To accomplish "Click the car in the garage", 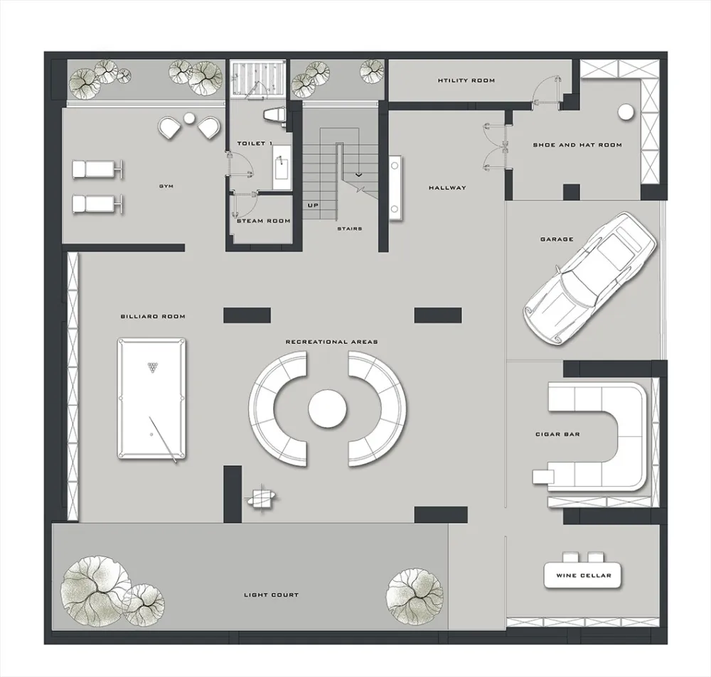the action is click(x=590, y=279).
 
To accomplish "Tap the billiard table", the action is click(x=151, y=399).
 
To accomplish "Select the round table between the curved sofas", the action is click(x=327, y=408).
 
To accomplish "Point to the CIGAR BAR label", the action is click(x=557, y=434).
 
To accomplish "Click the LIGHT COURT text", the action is click(x=271, y=595).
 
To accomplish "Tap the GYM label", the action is click(x=166, y=186).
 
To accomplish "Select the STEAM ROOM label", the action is click(x=264, y=221).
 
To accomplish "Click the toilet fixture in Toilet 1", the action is click(x=274, y=114).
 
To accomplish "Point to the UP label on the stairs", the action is click(x=313, y=205).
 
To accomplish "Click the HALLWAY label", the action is click(x=447, y=188).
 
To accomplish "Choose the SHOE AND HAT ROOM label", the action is click(x=577, y=145).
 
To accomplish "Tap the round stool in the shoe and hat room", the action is click(x=626, y=112).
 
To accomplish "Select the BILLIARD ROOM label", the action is click(x=153, y=316).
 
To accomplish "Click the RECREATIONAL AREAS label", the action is click(x=331, y=342).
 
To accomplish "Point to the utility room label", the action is click(x=466, y=81).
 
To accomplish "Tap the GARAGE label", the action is click(x=557, y=239).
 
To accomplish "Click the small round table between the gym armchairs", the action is click(x=188, y=118).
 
